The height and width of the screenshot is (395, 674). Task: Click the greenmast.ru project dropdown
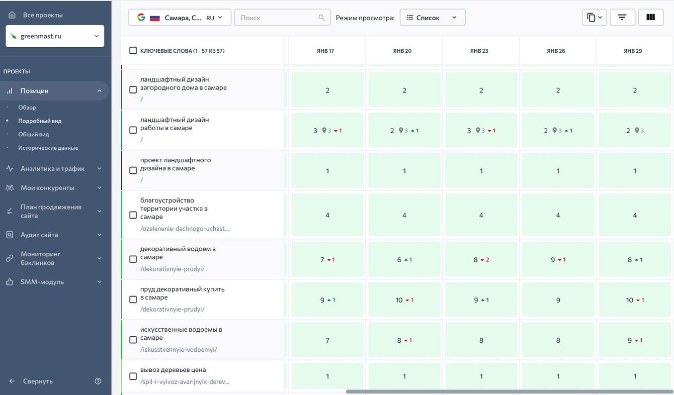click(55, 36)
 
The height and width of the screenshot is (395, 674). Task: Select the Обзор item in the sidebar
click(27, 108)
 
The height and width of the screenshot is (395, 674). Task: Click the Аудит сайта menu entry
click(39, 235)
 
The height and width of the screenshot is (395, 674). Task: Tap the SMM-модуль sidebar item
click(42, 282)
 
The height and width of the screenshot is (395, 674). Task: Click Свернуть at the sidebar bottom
click(38, 381)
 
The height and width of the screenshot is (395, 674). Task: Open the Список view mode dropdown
click(433, 18)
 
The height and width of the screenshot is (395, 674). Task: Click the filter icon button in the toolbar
click(622, 18)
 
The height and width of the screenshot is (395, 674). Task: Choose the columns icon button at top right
click(650, 18)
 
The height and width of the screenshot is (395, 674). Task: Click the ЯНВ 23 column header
click(479, 51)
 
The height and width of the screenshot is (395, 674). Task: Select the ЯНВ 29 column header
click(633, 51)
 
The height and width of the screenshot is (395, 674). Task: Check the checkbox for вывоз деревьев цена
click(133, 376)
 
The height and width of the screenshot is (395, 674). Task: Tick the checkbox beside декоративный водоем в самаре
click(133, 259)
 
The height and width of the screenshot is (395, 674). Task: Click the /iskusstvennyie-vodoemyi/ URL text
click(179, 349)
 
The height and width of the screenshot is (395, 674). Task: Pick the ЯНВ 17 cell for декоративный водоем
click(327, 260)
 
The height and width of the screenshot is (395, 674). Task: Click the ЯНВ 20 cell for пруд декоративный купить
click(404, 300)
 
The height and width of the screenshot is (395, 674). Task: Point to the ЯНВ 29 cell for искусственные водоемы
click(635, 340)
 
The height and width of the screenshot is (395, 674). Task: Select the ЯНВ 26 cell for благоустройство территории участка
click(558, 215)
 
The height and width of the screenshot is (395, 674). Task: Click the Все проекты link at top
click(43, 15)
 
